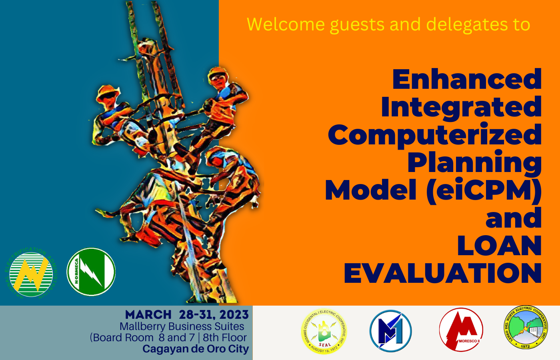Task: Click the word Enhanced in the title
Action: (x=467, y=80)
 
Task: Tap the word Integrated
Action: (x=461, y=107)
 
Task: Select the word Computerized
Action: (x=434, y=135)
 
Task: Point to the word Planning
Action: (x=474, y=163)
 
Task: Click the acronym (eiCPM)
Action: (x=484, y=190)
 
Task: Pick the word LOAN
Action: (x=499, y=246)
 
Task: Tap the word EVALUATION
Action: (x=443, y=274)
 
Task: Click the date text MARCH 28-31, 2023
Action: (x=187, y=315)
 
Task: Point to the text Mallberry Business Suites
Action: (x=182, y=326)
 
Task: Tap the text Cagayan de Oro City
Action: (x=196, y=349)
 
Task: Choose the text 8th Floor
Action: (x=225, y=338)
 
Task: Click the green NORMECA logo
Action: (x=91, y=272)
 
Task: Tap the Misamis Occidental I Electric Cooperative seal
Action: (x=324, y=332)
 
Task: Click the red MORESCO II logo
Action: (x=461, y=330)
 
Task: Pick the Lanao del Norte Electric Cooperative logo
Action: (x=526, y=328)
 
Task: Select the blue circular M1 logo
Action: (x=390, y=331)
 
